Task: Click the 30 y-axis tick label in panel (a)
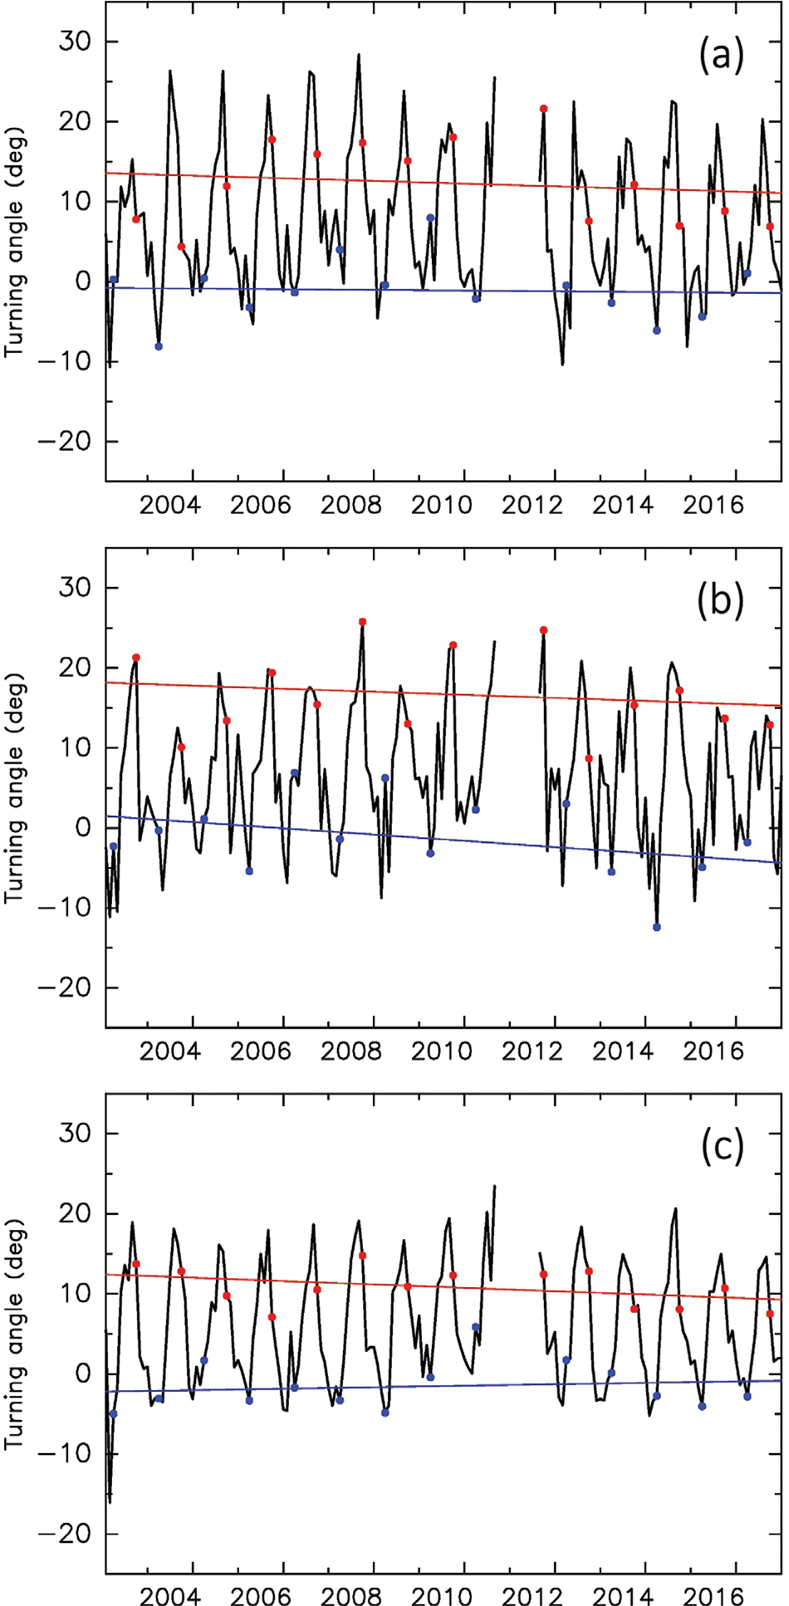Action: point(75,42)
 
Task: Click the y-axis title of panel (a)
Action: point(15,241)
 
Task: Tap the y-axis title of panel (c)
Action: point(15,1333)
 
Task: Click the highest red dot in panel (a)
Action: point(543,109)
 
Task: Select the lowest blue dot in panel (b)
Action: point(656,927)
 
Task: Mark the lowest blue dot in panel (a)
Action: point(159,346)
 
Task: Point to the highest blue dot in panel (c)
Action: point(475,1327)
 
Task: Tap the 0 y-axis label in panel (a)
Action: point(83,282)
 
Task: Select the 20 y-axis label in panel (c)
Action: point(75,1213)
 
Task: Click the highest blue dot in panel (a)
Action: point(430,218)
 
